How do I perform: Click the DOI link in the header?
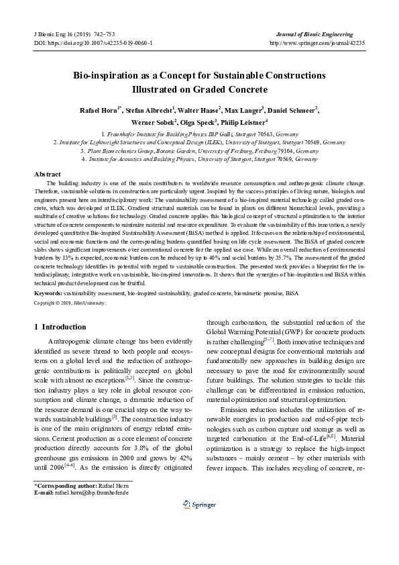101,42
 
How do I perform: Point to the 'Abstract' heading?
48,174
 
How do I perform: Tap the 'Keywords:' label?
49,294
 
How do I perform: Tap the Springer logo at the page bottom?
199,542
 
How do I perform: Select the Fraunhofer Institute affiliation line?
198,135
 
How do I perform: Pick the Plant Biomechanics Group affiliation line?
198,152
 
